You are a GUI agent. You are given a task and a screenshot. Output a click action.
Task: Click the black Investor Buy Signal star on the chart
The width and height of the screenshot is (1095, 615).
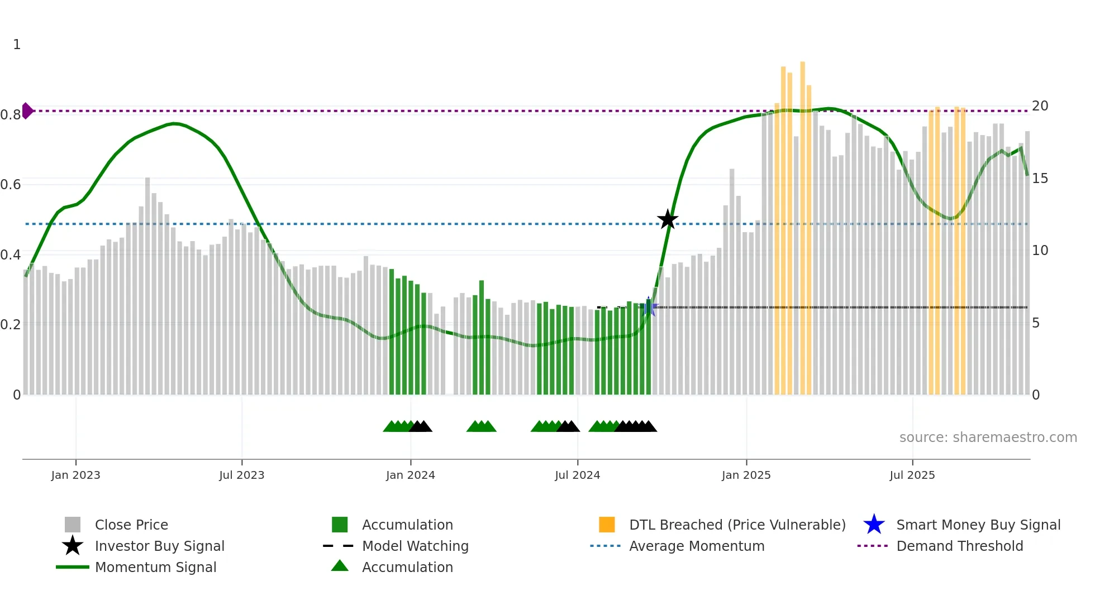(x=667, y=219)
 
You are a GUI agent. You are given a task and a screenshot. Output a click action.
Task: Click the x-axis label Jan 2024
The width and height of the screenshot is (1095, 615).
(x=410, y=475)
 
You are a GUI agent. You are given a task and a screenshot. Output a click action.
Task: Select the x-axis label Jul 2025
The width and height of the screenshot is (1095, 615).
(x=912, y=475)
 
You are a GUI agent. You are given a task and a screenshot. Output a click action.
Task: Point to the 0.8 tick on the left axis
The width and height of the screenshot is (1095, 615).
(x=11, y=115)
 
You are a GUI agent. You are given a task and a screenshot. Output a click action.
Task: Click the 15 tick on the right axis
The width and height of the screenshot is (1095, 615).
(x=1040, y=179)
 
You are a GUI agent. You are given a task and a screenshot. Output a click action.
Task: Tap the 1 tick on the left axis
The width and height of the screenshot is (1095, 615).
(x=17, y=45)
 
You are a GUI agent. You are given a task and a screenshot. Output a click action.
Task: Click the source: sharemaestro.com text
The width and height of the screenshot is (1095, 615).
(x=988, y=438)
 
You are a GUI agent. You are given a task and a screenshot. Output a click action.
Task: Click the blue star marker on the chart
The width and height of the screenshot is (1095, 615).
(x=649, y=306)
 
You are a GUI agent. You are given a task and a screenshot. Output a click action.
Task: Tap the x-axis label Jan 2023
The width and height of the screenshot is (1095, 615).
(x=75, y=475)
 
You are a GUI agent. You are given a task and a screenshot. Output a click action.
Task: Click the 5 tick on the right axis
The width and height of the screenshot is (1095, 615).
(x=1036, y=323)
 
